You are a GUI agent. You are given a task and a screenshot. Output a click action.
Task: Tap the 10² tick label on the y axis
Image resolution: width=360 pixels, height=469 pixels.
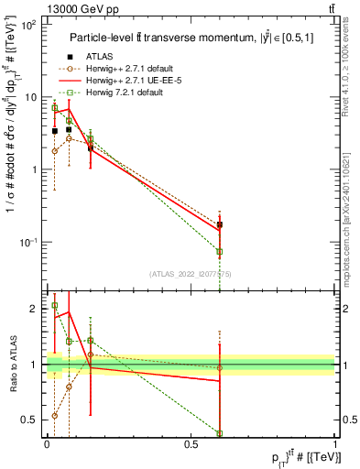pyautogui.click(x=27, y=25)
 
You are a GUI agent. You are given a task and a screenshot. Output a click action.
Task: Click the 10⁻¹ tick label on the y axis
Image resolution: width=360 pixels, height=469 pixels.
pyautogui.click(x=27, y=242)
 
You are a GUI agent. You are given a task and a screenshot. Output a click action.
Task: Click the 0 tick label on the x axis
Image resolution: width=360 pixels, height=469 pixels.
pyautogui.click(x=47, y=443)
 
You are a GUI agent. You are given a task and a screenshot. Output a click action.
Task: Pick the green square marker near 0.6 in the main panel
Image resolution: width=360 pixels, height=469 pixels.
pyautogui.click(x=219, y=251)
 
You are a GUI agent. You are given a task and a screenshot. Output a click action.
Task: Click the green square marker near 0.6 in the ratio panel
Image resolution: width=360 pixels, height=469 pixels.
pyautogui.click(x=219, y=432)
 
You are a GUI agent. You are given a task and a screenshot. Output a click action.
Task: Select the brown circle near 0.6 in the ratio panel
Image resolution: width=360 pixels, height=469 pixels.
pyautogui.click(x=219, y=368)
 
